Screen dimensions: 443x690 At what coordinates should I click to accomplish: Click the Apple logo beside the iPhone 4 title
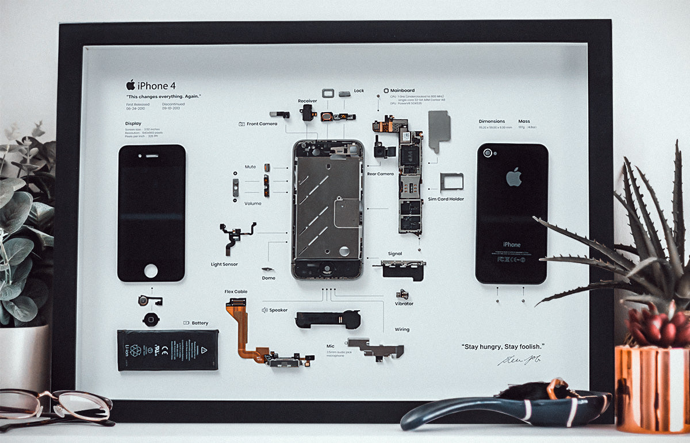(x=131, y=85)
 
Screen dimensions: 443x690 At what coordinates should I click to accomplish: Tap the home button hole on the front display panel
(x=151, y=270)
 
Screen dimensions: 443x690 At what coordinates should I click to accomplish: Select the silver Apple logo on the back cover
(x=513, y=177)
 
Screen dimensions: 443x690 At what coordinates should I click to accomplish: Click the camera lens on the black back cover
(x=488, y=153)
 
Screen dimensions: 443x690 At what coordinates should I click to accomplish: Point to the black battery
(x=167, y=349)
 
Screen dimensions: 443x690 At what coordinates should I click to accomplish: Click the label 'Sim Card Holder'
(x=446, y=199)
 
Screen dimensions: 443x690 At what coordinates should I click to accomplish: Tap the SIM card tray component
(x=451, y=181)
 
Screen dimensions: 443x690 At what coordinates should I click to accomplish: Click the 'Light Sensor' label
(x=224, y=264)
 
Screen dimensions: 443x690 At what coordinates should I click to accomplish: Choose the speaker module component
(x=327, y=319)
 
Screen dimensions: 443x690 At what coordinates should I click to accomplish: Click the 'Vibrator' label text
(x=404, y=303)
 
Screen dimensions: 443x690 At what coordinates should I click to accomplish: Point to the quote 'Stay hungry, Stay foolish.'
(x=503, y=346)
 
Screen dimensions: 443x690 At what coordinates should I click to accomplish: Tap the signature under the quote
(x=519, y=360)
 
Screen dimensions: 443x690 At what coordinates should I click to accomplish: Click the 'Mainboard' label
(x=402, y=91)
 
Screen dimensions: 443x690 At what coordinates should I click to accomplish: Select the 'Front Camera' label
(x=262, y=124)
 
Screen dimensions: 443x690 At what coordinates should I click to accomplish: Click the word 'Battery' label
(x=200, y=323)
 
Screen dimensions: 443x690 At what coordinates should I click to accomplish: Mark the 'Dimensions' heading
(x=492, y=121)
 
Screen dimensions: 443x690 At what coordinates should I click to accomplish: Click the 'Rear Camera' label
(x=380, y=174)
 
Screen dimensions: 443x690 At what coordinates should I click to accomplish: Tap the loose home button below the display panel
(x=151, y=319)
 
